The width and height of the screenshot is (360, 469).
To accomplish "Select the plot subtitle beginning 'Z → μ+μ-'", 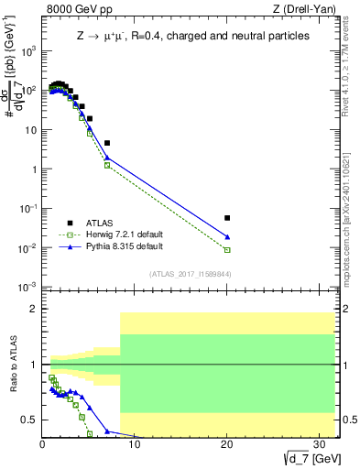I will pos(191,36).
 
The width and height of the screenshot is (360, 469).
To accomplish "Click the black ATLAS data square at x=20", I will pos(227,218).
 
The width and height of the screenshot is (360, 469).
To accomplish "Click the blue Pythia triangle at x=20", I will pos(227,237).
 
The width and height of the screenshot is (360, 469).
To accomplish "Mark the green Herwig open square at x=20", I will pos(227,250).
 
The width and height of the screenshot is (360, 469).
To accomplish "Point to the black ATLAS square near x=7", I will pos(107,143).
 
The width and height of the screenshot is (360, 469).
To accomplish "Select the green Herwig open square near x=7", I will pos(107,166).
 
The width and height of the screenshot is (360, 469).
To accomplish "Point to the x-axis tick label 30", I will pos(319,442).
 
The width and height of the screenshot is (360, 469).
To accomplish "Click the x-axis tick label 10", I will pos(135,442).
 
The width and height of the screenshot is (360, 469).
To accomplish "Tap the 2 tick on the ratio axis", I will pos(32,309).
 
